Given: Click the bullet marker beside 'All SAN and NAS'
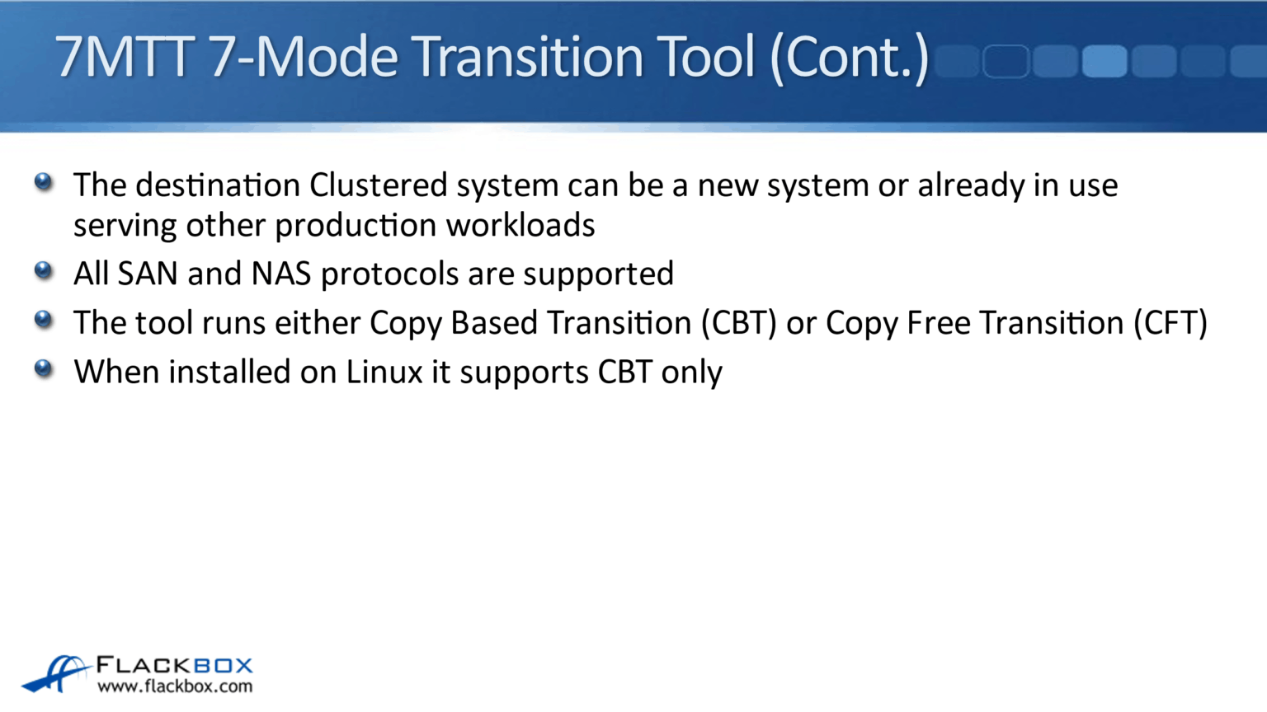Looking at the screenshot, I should tap(44, 270).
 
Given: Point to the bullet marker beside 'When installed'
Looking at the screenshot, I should tap(44, 368).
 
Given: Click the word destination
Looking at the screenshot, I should tap(217, 185).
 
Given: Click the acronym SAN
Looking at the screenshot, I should tap(148, 274).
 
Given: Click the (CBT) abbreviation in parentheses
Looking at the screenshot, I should tap(739, 323).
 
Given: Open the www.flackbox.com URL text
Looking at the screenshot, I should tap(175, 686).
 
